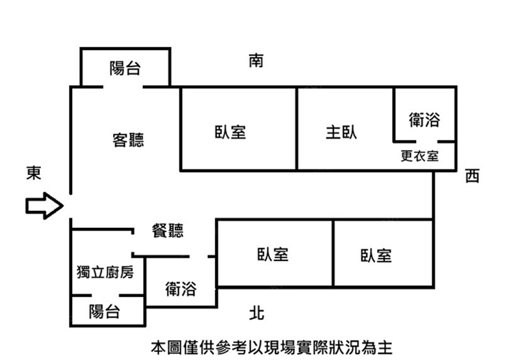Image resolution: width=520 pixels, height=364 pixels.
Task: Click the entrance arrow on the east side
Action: coord(44,206)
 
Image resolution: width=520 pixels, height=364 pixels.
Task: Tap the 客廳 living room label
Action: coord(128,140)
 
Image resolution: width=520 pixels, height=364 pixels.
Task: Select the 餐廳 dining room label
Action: coord(168,231)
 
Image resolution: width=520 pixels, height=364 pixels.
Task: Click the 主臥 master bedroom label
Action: coord(341,132)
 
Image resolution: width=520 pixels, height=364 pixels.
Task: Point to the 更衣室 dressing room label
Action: coord(419,156)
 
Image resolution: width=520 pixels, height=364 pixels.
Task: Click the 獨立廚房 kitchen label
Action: coord(105,272)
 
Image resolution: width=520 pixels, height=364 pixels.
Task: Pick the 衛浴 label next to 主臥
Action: coord(424,120)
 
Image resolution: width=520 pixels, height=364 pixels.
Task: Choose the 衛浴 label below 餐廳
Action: coord(181,288)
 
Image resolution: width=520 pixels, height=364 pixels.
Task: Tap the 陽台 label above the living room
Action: coord(125,68)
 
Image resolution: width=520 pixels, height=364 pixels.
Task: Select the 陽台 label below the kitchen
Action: coord(104,311)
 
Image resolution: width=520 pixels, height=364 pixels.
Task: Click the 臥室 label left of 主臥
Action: coord(230,132)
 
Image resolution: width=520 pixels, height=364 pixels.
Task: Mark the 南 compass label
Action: coord(256,61)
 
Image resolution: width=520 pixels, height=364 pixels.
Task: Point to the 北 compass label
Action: coord(257,313)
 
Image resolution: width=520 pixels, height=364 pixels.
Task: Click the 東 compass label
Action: coord(34,173)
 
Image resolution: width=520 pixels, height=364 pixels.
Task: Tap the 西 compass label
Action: coord(473,176)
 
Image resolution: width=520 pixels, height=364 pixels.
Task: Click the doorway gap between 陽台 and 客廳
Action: coord(123,87)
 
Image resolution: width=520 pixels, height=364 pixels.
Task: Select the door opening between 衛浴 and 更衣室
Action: coord(426,142)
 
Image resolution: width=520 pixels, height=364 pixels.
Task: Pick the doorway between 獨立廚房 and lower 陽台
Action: coord(105,295)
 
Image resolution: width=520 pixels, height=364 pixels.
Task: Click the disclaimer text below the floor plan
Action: coord(272,348)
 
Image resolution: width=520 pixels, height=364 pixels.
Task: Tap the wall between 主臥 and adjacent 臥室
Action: coord(296,129)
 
